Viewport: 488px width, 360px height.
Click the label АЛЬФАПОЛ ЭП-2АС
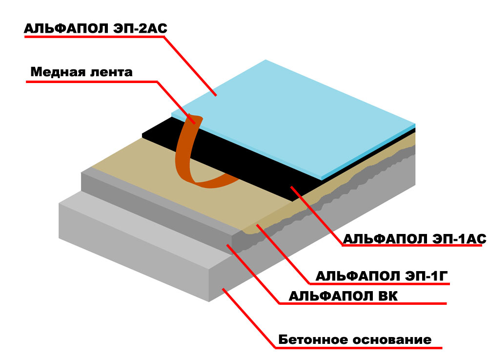point(96,29)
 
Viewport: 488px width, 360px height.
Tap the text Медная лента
point(81,72)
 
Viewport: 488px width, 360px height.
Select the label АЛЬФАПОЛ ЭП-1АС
point(414,239)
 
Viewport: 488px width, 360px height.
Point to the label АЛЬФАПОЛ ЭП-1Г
point(382,276)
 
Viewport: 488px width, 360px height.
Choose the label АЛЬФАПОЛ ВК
point(343,296)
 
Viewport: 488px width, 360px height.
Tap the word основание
point(392,340)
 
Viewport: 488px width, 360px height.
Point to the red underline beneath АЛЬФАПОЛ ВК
point(363,303)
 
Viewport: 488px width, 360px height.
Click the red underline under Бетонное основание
point(359,347)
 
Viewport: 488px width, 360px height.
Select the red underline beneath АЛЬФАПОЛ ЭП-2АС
point(94,37)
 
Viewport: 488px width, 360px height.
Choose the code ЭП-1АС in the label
point(459,239)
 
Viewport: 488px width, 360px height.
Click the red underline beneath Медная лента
point(92,82)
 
